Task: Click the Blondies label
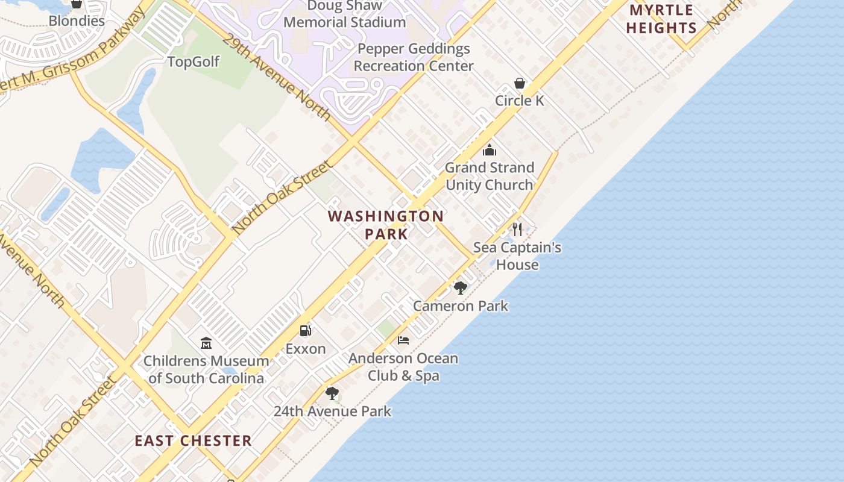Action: (77, 20)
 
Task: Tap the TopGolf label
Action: (193, 61)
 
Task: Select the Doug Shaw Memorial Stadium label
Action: (344, 14)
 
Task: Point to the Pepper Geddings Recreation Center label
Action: (414, 57)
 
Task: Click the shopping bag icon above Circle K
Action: (520, 83)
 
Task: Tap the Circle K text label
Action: (520, 101)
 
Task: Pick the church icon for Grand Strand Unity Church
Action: (490, 150)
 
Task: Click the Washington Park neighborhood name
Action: (386, 225)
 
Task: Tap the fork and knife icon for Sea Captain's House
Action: (517, 229)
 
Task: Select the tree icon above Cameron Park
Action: (461, 287)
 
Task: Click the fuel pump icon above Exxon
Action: (306, 330)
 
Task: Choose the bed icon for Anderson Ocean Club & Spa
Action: (403, 340)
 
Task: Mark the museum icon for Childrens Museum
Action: (206, 343)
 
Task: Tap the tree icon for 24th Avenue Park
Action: (332, 393)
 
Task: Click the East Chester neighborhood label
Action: (193, 440)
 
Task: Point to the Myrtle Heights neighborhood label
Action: (661, 19)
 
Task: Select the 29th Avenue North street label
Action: (276, 77)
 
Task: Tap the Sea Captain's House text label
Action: (517, 256)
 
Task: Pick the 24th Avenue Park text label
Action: (332, 412)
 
